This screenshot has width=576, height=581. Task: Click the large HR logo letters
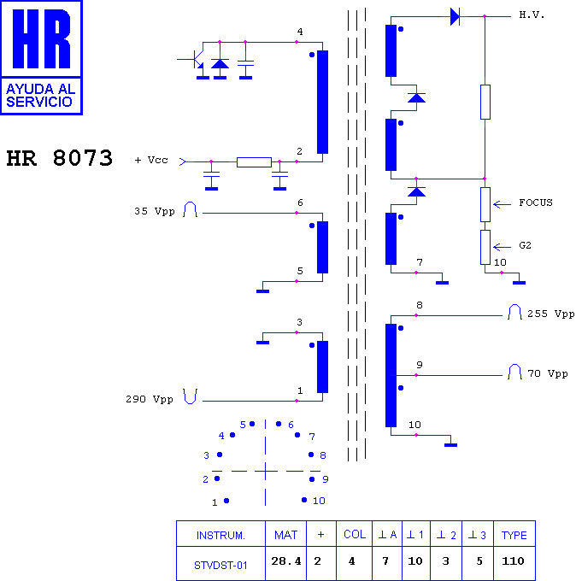point(41,38)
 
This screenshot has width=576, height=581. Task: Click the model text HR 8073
point(59,158)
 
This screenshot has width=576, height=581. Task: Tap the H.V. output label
point(532,15)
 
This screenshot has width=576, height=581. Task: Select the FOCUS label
point(536,202)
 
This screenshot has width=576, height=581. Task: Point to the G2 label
point(525,245)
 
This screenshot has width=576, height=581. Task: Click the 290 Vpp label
point(150,399)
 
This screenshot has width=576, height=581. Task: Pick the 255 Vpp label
point(551,314)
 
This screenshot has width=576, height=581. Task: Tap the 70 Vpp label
point(548,373)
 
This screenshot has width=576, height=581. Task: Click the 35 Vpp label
point(155,211)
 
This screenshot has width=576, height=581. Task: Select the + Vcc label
point(151,160)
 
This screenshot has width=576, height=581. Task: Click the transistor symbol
point(197,59)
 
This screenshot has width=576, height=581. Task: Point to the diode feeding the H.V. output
point(455,17)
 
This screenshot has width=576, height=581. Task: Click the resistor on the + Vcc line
point(254,162)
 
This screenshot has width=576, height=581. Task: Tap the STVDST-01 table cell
point(220,566)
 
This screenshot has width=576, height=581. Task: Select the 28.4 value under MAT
point(285,561)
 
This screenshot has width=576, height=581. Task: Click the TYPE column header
point(514,536)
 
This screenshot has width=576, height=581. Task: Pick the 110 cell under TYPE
point(513,561)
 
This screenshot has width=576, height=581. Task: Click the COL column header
point(355,534)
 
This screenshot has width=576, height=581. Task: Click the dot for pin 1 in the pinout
point(226,501)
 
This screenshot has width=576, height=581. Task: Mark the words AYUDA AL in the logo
point(41,89)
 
